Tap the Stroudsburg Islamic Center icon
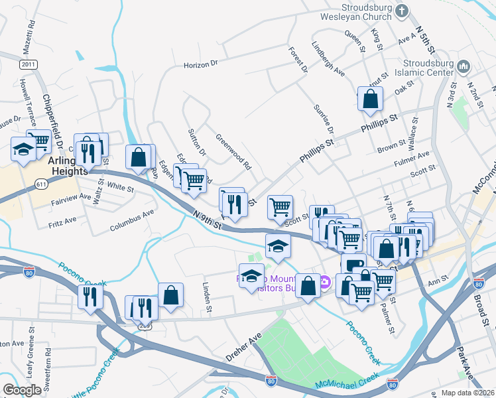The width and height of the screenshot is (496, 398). (x=464, y=67)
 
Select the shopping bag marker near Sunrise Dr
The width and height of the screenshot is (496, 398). (x=370, y=99)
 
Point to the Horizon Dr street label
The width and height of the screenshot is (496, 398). (x=201, y=65)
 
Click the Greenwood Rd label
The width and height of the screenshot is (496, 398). (x=233, y=151)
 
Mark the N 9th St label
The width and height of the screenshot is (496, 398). (x=207, y=220)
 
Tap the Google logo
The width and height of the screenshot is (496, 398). (x=22, y=389)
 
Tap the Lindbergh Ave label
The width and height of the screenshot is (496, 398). (x=330, y=60)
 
